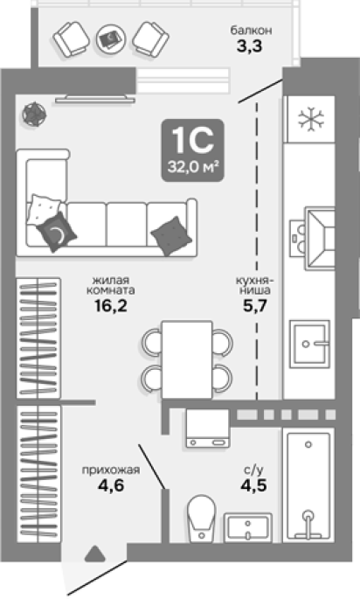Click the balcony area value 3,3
point(250,46)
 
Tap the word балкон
point(251,30)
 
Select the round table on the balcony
point(111,38)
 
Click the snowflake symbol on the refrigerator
point(312,119)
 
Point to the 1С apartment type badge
point(192,150)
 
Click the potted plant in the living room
point(34,114)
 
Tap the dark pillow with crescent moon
point(57,232)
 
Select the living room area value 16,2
point(111,305)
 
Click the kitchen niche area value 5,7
point(254,306)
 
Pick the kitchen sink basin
point(309,344)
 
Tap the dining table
point(187,359)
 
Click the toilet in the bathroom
point(202,519)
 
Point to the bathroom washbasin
point(248,527)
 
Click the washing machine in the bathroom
point(208,428)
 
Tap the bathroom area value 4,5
point(253,485)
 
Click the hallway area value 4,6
point(111,485)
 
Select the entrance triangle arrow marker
point(94,554)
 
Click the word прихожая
point(111,470)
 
